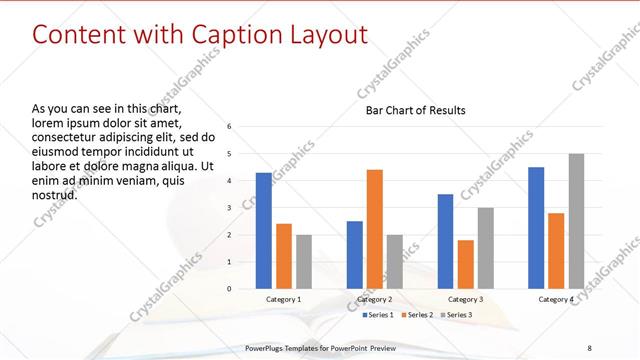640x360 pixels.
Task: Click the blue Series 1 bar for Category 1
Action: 264,231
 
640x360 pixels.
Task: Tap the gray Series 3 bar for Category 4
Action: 575,221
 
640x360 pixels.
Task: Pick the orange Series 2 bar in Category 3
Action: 465,264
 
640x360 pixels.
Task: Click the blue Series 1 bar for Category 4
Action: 536,228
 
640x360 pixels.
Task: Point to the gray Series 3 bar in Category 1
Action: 303,262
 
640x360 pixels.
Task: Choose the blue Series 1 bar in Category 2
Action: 355,255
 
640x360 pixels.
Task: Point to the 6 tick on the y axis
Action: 230,127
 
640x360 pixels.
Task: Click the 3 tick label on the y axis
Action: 230,208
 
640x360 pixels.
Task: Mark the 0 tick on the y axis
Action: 230,289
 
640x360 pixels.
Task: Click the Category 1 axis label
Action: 284,299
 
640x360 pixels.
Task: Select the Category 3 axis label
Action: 465,299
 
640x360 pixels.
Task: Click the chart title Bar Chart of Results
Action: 415,110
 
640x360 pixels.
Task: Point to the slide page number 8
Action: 590,347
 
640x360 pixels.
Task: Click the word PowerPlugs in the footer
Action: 267,347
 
